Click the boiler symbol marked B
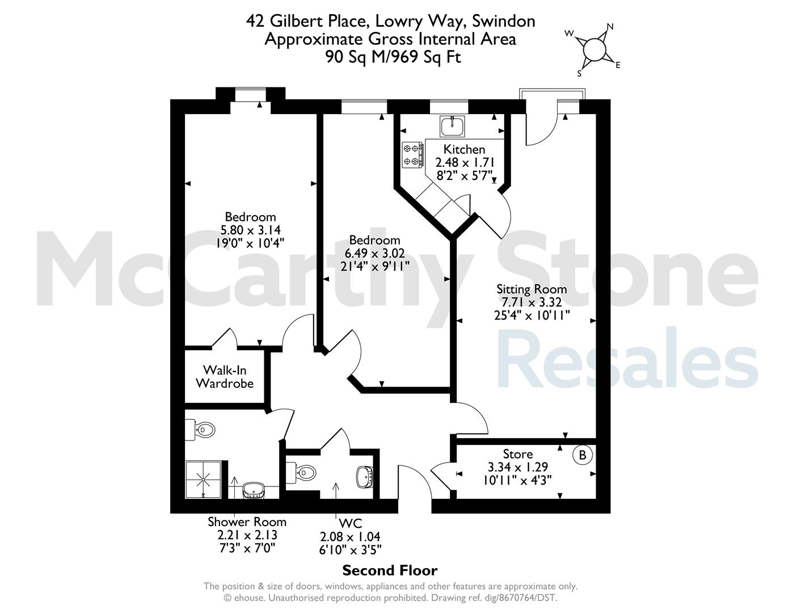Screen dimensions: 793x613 583,455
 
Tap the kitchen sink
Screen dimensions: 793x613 452,127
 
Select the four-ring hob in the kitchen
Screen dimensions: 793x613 413,155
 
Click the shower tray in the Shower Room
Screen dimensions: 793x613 203,480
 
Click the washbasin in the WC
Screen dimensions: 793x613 364,476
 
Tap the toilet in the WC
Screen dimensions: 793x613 301,473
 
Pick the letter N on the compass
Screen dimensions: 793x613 610,26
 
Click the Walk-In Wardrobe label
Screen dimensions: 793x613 225,377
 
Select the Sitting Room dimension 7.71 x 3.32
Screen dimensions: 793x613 532,303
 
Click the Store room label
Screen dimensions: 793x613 517,454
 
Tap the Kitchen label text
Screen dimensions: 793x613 464,149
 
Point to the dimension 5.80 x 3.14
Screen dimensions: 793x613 250,230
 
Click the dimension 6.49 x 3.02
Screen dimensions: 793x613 375,253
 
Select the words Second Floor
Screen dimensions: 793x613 390,570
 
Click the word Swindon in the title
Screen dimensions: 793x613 504,21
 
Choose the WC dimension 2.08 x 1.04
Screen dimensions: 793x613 350,536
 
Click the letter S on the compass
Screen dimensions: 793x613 579,74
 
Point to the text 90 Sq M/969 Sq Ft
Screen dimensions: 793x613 393,57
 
